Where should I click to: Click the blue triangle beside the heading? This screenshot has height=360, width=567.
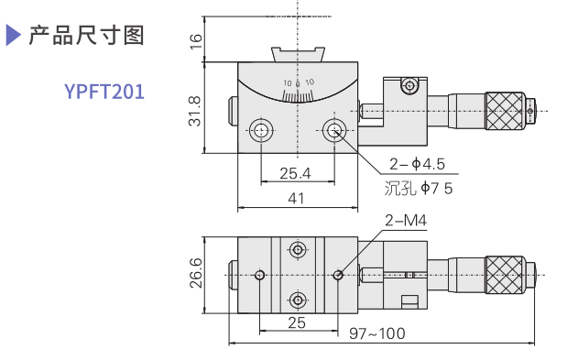(13, 35)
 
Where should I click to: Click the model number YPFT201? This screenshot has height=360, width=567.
(104, 92)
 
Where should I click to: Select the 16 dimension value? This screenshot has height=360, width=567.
(195, 41)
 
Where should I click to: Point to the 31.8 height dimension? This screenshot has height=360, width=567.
(194, 111)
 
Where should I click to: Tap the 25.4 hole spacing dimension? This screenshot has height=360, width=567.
(295, 173)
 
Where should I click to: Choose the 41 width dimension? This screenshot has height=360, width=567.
(296, 198)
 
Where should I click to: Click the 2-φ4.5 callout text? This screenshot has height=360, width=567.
(417, 164)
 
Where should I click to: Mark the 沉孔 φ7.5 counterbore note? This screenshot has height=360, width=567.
(419, 188)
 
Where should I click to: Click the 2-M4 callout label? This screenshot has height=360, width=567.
(406, 220)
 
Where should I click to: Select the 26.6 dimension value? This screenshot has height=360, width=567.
(196, 273)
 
